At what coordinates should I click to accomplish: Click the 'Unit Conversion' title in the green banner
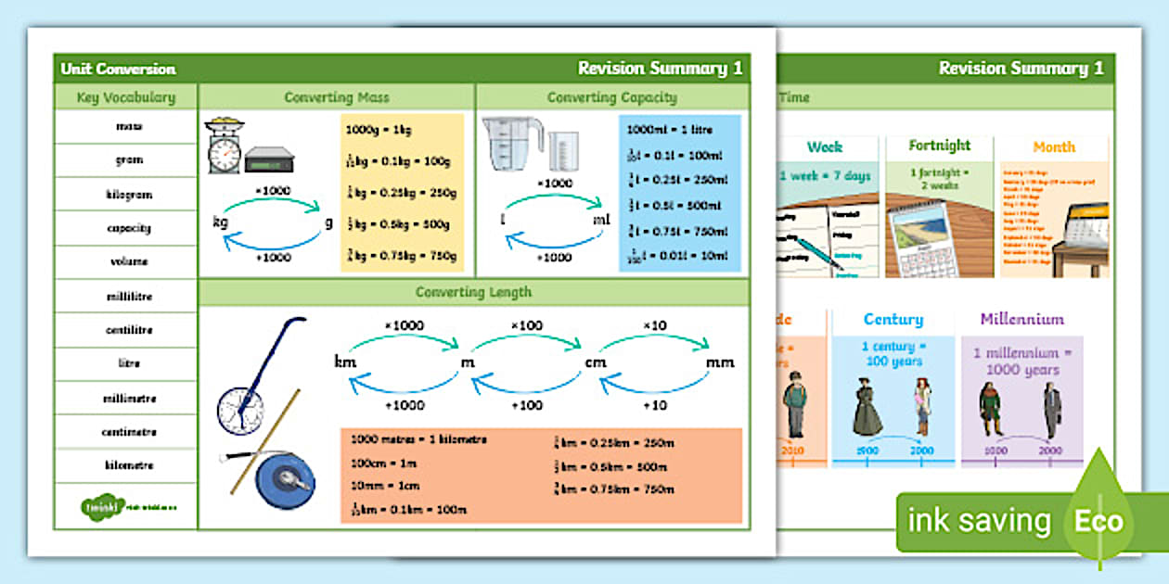[118, 69]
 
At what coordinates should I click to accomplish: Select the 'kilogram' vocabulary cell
[129, 195]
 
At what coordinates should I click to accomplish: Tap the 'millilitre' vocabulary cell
[129, 296]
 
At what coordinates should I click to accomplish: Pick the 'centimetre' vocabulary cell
[129, 432]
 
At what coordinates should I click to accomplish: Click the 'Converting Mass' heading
[337, 97]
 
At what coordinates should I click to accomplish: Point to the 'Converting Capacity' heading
[611, 97]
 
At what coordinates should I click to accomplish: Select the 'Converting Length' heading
[473, 292]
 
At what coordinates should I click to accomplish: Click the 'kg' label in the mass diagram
[221, 222]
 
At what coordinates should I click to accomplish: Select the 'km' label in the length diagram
[345, 362]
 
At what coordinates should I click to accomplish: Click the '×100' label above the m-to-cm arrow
[526, 325]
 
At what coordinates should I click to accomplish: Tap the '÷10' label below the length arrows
[656, 405]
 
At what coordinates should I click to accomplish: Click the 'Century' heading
[893, 319]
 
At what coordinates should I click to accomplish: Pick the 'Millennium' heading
[1021, 319]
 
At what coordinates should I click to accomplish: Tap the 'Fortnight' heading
[939, 146]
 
